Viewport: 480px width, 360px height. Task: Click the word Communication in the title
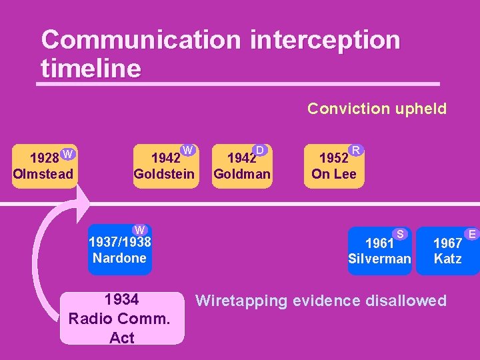[x=141, y=40]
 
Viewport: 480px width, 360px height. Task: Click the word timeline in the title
[x=91, y=69]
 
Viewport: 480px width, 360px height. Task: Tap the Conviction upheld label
[x=377, y=109]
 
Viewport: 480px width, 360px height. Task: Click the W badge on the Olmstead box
[x=67, y=154]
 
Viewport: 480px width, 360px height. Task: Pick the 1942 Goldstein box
[x=164, y=167]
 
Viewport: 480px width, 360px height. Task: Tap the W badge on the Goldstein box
[x=188, y=150]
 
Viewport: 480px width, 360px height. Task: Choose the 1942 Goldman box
[x=241, y=167]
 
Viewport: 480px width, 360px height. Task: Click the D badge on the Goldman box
[x=260, y=151]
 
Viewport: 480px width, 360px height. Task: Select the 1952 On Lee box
[x=333, y=167]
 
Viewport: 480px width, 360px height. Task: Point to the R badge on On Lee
[x=356, y=150]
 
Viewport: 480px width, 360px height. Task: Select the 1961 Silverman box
[x=379, y=250]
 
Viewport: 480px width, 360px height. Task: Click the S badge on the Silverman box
[x=401, y=233]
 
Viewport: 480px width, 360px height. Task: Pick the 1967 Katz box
[x=447, y=250]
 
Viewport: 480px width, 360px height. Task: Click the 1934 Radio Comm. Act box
[x=122, y=318]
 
